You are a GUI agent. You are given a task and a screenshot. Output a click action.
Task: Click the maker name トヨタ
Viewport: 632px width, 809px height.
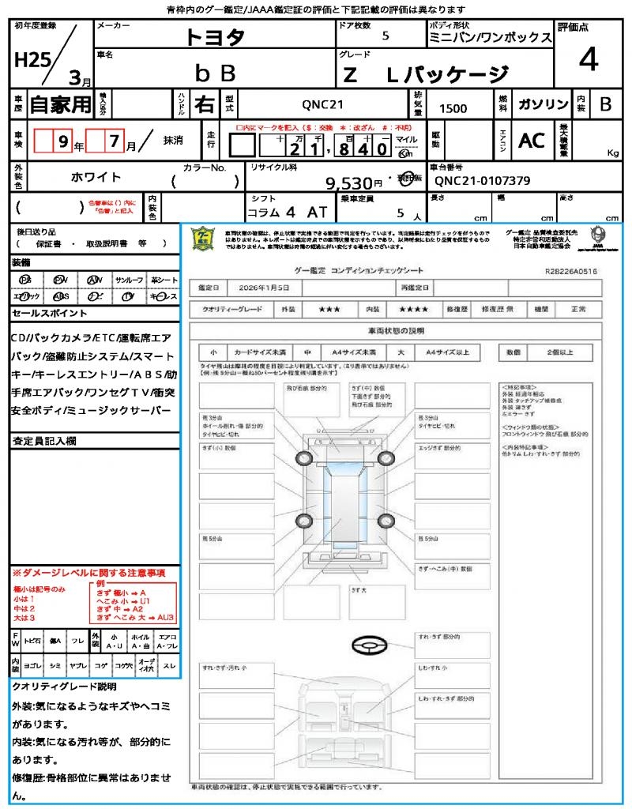215,36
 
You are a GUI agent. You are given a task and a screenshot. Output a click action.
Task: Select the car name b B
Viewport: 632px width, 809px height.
215,73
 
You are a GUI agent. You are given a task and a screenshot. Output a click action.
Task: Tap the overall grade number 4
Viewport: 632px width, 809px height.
588,60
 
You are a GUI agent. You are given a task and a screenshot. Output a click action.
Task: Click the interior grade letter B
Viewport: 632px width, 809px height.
605,103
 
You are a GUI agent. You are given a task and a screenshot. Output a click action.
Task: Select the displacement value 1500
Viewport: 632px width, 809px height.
453,109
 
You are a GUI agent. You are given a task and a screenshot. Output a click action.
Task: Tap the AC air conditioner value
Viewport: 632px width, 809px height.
532,140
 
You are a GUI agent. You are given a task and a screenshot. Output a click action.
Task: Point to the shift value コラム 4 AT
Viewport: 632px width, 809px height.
285,213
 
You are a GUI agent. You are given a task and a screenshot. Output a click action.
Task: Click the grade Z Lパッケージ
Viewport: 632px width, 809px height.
424,74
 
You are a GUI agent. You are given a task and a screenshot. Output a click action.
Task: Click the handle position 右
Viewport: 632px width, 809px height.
204,103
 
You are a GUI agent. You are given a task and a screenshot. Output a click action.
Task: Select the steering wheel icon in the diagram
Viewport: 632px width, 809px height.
369,645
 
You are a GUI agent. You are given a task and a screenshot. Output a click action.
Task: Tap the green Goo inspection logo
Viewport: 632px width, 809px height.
203,238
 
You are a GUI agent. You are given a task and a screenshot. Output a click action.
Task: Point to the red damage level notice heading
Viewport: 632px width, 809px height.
88,572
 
